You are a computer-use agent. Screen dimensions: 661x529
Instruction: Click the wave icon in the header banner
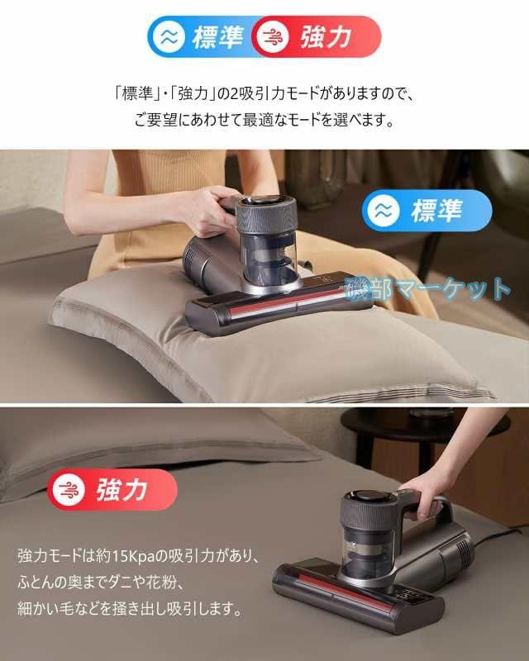(x=169, y=36)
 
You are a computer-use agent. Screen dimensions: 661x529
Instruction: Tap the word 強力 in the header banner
(x=325, y=36)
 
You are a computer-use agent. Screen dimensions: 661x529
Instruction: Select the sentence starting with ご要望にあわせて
(x=264, y=120)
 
